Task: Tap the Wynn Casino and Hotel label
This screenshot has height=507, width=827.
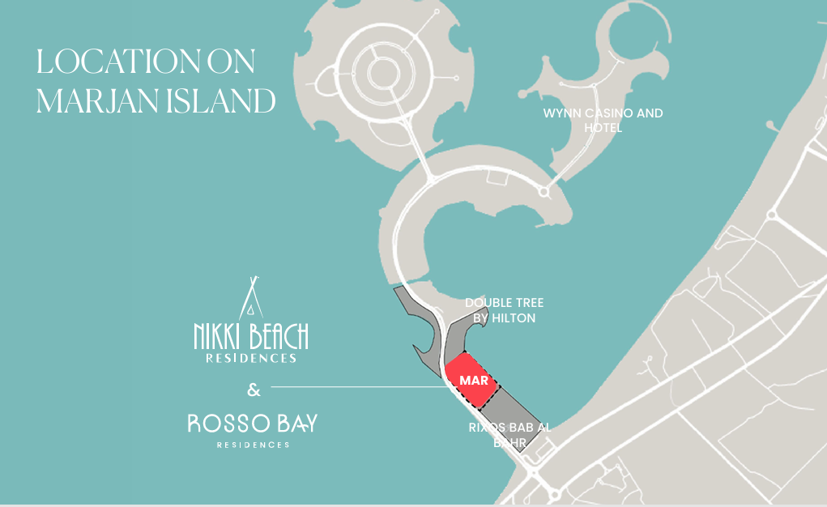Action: click(x=603, y=120)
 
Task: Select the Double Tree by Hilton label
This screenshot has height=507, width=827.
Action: click(x=504, y=310)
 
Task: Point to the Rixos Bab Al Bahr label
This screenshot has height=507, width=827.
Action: click(x=509, y=435)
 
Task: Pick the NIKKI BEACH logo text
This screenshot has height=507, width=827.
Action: click(x=250, y=334)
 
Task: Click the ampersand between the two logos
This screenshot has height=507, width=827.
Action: click(x=254, y=390)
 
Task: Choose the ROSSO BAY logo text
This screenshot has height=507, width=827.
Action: click(x=253, y=423)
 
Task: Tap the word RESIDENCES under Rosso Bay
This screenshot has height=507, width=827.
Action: click(x=253, y=445)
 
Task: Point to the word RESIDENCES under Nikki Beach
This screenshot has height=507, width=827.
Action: click(x=250, y=357)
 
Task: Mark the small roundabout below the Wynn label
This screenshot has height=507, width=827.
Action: click(x=544, y=193)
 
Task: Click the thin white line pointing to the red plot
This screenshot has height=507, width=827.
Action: click(x=356, y=387)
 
